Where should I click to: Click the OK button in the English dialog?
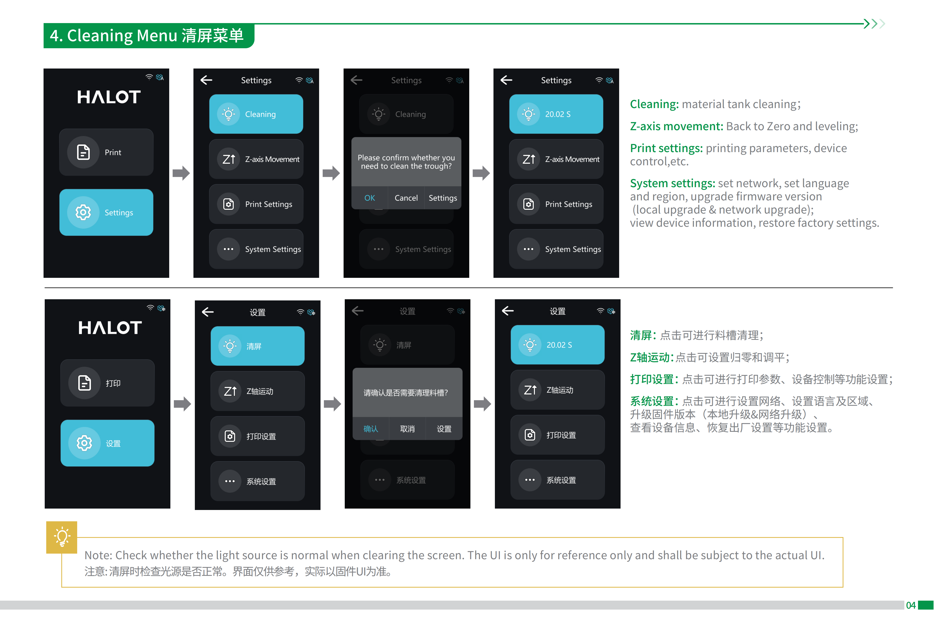(369, 198)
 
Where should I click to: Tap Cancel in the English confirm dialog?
(406, 198)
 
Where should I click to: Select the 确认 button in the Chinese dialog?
(370, 429)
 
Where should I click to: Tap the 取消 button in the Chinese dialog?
(407, 429)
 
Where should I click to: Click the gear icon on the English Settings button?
(83, 213)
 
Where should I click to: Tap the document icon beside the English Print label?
(83, 152)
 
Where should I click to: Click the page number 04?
(910, 605)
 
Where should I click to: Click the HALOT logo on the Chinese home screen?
(110, 328)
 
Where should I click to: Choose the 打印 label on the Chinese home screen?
(113, 383)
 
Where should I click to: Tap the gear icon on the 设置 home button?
(84, 443)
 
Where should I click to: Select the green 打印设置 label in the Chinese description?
(652, 380)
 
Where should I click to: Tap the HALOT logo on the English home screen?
(109, 97)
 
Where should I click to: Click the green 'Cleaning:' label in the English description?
(654, 104)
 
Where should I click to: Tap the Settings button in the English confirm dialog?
(442, 198)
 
